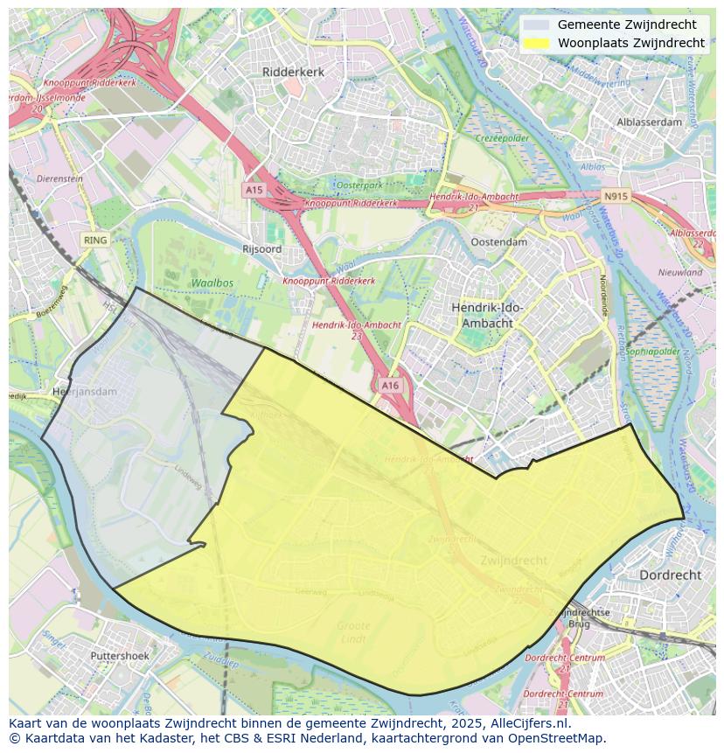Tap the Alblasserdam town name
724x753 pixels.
click(649, 122)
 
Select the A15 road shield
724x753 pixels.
click(254, 190)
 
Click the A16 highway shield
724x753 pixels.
click(390, 385)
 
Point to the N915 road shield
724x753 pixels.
click(616, 197)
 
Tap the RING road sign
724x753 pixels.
click(95, 240)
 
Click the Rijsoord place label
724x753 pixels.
click(261, 249)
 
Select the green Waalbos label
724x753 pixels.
click(212, 283)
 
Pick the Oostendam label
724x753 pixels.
click(498, 242)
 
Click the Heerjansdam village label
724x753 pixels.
click(85, 392)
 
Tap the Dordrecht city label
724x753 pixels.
click(671, 575)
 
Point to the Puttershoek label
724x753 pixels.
click(120, 655)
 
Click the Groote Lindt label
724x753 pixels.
click(353, 632)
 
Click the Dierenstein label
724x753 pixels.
click(59, 178)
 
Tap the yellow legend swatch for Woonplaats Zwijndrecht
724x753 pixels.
click(537, 43)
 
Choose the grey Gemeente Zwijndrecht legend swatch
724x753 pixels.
click(537, 24)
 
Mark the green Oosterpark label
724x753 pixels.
click(360, 185)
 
